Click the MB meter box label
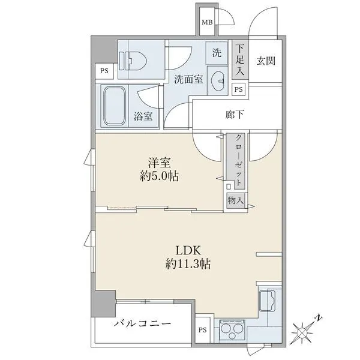click(x=207, y=22)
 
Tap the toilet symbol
click(x=133, y=61)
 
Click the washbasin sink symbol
click(x=217, y=80)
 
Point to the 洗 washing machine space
click(x=217, y=53)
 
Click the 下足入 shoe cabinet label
click(x=240, y=59)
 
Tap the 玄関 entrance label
click(x=266, y=61)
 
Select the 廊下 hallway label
click(x=235, y=115)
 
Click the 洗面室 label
click(x=188, y=79)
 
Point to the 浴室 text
click(x=143, y=116)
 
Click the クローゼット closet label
click(x=239, y=160)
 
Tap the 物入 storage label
click(x=236, y=200)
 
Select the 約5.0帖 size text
click(x=160, y=176)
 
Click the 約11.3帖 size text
click(x=188, y=263)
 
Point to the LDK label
click(x=188, y=250)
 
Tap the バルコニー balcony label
click(x=143, y=324)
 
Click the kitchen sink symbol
click(x=267, y=301)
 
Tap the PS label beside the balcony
click(x=203, y=330)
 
